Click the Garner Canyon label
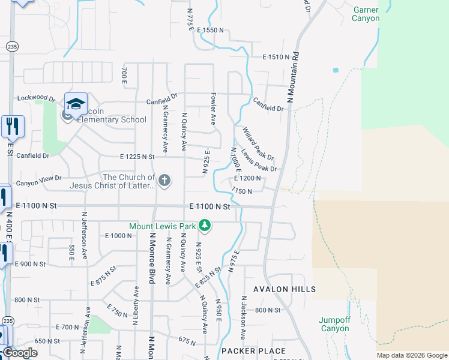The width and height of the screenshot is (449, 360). pos(366,14)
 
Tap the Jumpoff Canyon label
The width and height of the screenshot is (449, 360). pos(334,324)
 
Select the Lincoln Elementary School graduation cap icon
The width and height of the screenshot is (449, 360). pos(76,106)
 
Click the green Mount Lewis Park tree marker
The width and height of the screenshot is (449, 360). pos(205,226)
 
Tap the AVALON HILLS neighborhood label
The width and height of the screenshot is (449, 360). pos(285,289)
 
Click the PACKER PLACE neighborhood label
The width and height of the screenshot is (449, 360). pos(253,351)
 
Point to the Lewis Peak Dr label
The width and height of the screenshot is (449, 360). pos(259,160)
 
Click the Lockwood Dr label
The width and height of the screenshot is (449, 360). pos(36,97)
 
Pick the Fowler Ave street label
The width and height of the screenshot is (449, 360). pos(212,109)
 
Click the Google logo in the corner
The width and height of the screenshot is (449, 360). pos(20,353)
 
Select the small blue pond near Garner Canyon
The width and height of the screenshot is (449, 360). pos(335,70)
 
